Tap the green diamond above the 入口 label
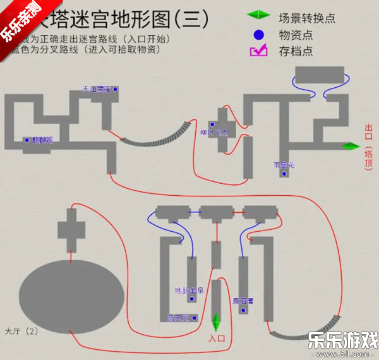pos(217,321)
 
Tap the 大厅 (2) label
pos(21,330)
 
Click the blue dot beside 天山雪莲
pos(116,90)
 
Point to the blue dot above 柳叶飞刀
pos(213,124)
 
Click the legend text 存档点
pos(296,51)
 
